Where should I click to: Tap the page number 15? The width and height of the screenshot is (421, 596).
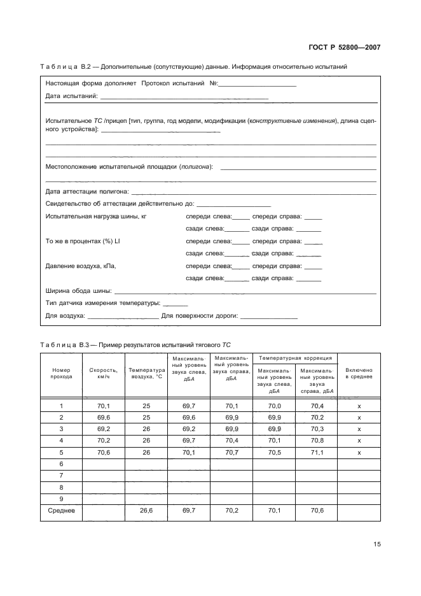tap(376, 544)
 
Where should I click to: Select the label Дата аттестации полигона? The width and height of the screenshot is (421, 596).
tap(87, 191)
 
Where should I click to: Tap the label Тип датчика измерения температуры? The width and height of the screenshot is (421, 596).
tap(102, 303)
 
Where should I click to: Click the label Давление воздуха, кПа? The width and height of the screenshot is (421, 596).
tap(81, 266)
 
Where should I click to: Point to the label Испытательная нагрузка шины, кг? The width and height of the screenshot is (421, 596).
tap(96, 216)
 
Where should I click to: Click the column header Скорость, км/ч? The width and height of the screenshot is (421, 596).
tap(104, 373)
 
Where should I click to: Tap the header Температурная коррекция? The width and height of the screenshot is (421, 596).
tap(294, 358)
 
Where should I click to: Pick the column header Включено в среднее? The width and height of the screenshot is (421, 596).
tap(359, 373)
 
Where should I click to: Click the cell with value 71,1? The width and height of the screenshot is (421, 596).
tap(316, 452)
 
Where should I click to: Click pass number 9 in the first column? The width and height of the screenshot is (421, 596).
tap(61, 498)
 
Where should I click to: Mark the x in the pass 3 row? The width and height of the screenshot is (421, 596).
tap(359, 429)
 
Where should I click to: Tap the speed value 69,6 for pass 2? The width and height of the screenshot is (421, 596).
tap(104, 418)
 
